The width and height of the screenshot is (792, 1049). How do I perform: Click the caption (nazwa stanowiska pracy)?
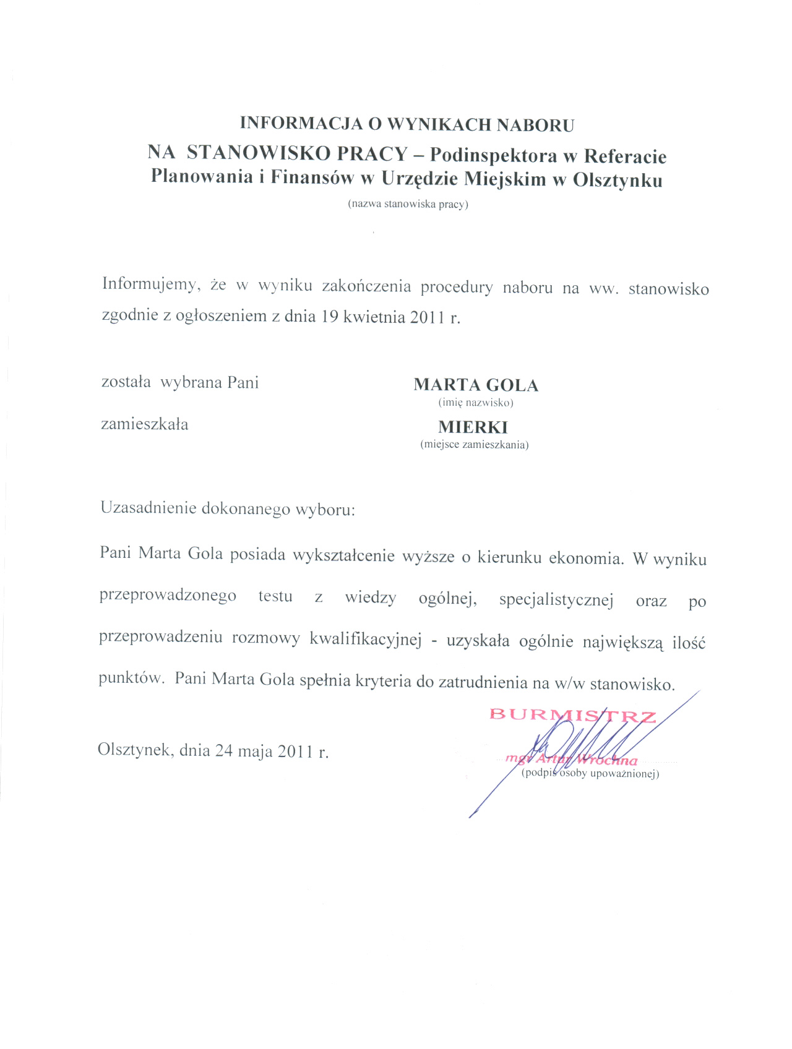(x=408, y=204)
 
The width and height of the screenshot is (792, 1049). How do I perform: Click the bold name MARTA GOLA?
(x=475, y=385)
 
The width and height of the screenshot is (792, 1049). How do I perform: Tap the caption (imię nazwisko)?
(x=476, y=403)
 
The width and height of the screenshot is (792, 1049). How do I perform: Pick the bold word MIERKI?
(x=473, y=427)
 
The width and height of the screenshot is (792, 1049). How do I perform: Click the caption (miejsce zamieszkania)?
(x=474, y=444)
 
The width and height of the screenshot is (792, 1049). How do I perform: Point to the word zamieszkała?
(x=145, y=425)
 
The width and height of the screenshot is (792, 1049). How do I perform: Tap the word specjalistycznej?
(x=556, y=601)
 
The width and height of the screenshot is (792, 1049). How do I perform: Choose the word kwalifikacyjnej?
(x=365, y=640)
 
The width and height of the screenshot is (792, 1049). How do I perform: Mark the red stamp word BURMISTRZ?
(x=573, y=716)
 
